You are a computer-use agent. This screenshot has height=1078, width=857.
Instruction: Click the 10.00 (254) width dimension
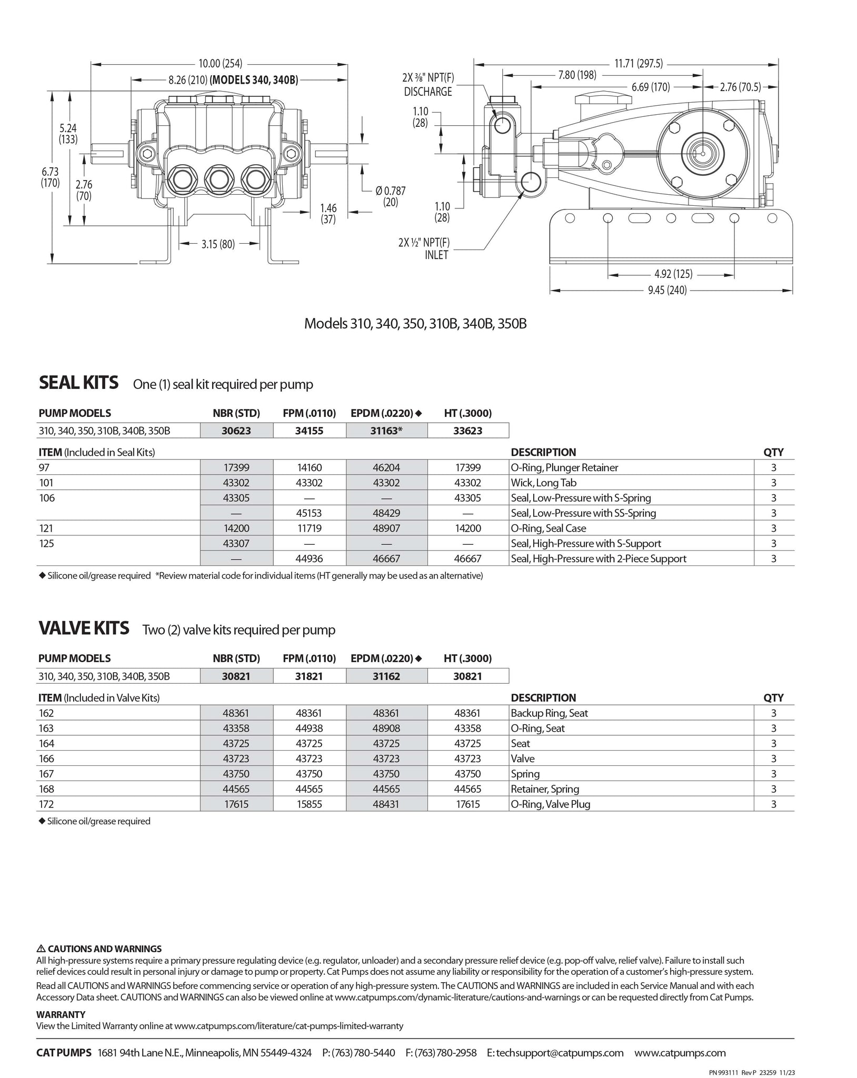tap(220, 64)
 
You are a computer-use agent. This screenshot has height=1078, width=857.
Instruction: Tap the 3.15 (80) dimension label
tap(218, 244)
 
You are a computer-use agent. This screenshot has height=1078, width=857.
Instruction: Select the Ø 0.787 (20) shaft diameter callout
tap(390, 196)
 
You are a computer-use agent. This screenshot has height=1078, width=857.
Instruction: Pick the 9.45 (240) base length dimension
tap(667, 290)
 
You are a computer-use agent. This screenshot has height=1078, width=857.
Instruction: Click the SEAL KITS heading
tap(78, 383)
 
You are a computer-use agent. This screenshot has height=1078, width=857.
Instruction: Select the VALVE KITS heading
tap(84, 628)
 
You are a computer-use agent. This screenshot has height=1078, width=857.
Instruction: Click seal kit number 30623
tap(236, 431)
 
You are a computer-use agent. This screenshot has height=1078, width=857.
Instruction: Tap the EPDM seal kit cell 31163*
tap(386, 431)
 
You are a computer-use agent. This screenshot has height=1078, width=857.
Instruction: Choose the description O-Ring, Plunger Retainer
tap(564, 467)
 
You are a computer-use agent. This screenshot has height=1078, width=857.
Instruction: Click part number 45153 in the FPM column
tap(309, 513)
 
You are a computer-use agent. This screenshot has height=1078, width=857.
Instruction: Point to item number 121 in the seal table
tap(46, 528)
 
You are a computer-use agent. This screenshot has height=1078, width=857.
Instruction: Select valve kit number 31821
tap(309, 676)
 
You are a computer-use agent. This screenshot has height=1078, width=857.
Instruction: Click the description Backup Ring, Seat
tap(549, 713)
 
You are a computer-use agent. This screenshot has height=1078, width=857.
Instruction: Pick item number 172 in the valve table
tap(46, 804)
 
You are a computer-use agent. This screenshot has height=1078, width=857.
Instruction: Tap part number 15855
tap(309, 804)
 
